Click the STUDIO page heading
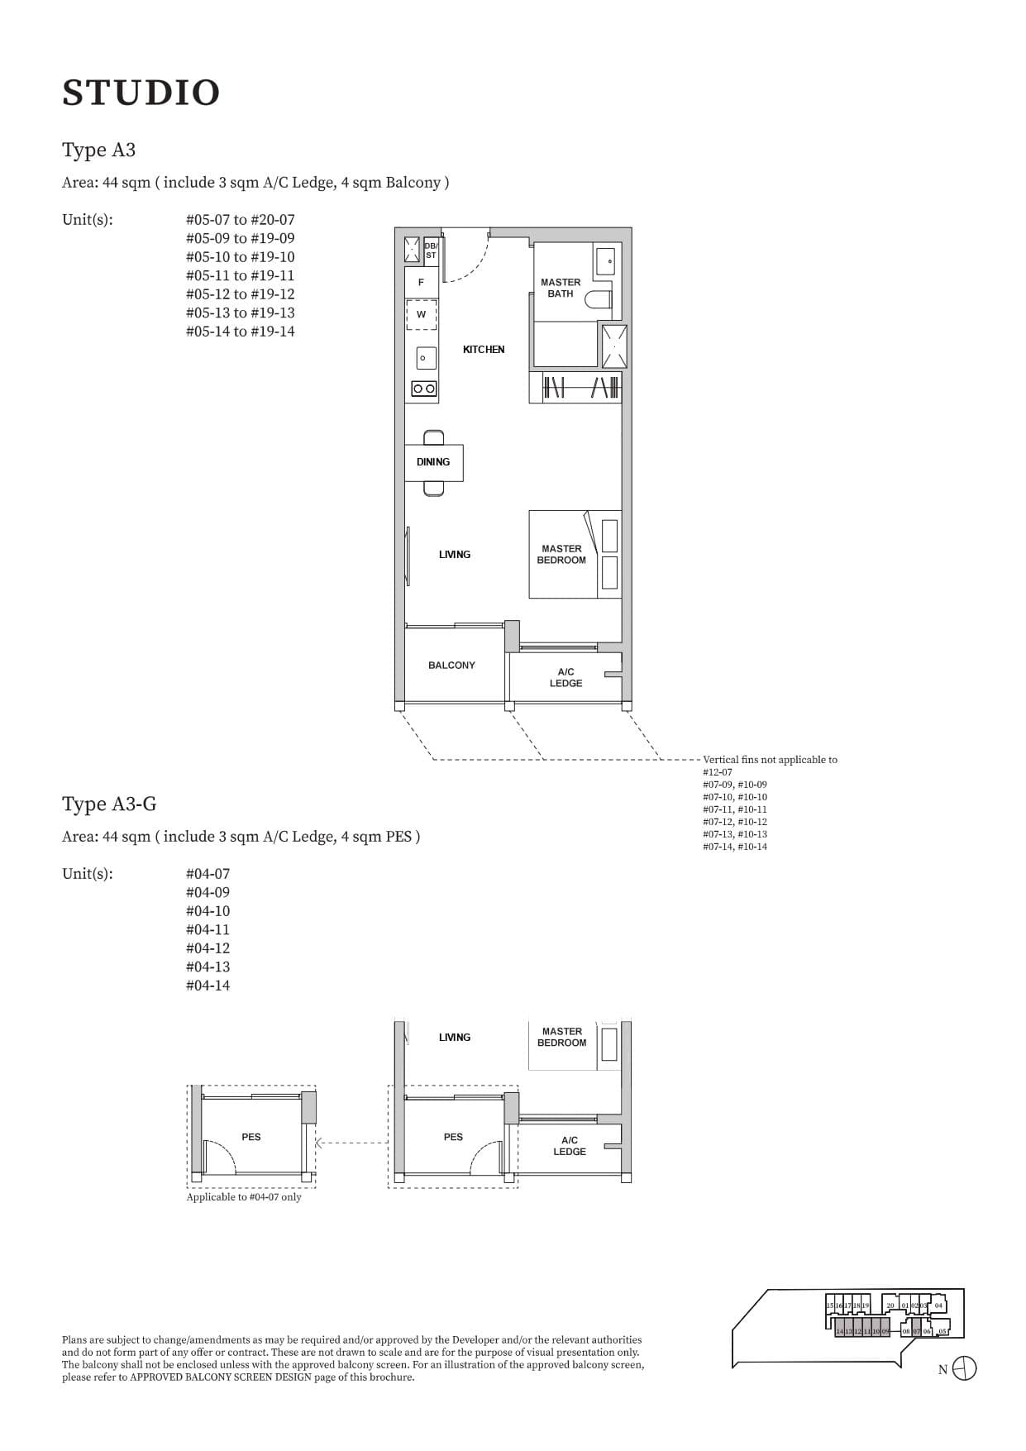[141, 93]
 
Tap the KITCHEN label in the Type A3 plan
[484, 350]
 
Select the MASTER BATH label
[561, 288]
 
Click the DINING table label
[433, 462]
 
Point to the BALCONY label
[451, 666]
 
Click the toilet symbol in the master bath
[599, 298]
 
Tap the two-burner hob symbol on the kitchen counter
[424, 389]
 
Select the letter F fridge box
[421, 283]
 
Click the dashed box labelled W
[421, 315]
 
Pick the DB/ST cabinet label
[431, 251]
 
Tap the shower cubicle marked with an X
[613, 346]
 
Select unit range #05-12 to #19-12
[240, 294]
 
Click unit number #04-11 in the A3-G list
[208, 930]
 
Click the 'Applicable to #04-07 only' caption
[244, 1197]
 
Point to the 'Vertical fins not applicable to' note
[770, 760]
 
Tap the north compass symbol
[964, 1368]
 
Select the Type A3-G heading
[109, 804]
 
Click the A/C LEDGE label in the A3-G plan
[570, 1146]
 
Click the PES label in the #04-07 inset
[251, 1138]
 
